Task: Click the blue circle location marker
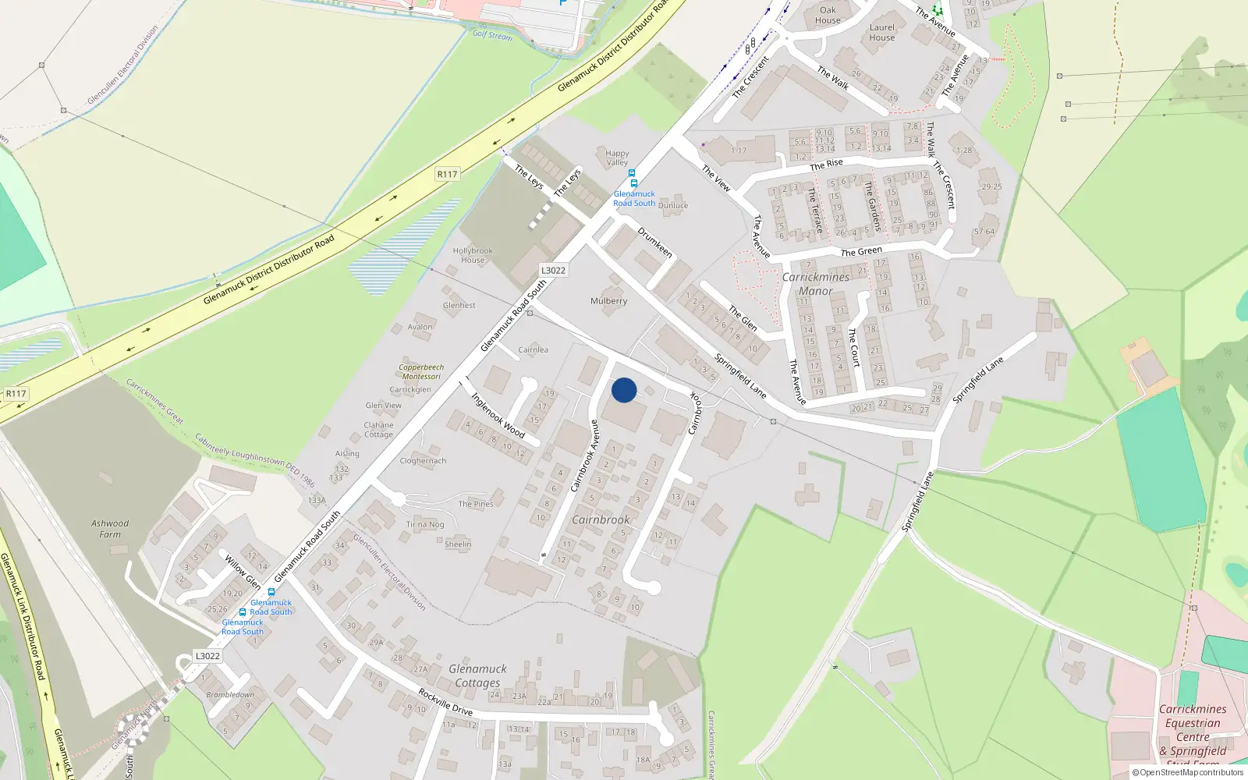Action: click(624, 390)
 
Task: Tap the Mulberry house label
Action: click(608, 301)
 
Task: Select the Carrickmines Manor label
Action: click(816, 284)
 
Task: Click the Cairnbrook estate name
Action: click(601, 519)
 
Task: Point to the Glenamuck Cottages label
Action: click(477, 675)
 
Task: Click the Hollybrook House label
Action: click(473, 256)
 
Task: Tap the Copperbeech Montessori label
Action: click(421, 371)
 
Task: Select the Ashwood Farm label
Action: click(110, 529)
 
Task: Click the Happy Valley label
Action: click(617, 158)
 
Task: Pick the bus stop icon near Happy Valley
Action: click(632, 173)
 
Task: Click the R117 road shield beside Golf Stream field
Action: click(447, 174)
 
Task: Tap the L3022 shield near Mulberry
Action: click(553, 270)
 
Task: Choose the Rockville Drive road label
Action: click(445, 701)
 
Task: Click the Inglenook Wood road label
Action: click(498, 414)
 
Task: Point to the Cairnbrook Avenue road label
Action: click(585, 456)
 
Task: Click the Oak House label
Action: click(828, 16)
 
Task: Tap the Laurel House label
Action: click(882, 32)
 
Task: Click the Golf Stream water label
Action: click(492, 34)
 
